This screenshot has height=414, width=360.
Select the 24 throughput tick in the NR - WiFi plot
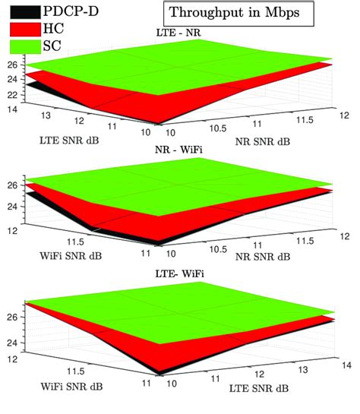point(13,206)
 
